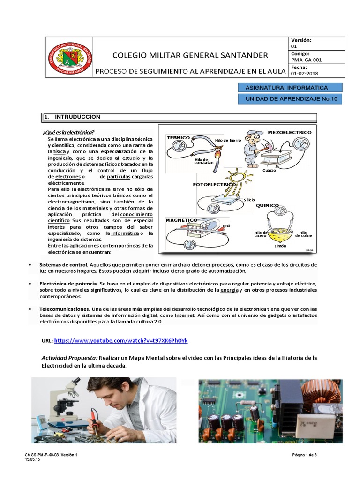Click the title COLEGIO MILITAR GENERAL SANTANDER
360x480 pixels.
click(190, 55)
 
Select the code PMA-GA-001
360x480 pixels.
click(307, 60)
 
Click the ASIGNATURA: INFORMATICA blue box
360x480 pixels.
click(290, 88)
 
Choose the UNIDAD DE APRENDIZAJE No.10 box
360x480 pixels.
click(290, 99)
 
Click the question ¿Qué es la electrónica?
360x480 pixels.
click(68, 132)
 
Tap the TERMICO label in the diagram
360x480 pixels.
click(178, 137)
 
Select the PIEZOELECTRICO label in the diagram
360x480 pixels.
click(289, 133)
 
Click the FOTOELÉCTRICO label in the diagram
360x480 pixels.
click(214, 185)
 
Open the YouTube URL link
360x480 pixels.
click(121, 341)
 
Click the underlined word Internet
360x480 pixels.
click(184, 316)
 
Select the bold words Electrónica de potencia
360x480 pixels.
click(67, 284)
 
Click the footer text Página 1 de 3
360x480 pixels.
click(305, 455)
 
